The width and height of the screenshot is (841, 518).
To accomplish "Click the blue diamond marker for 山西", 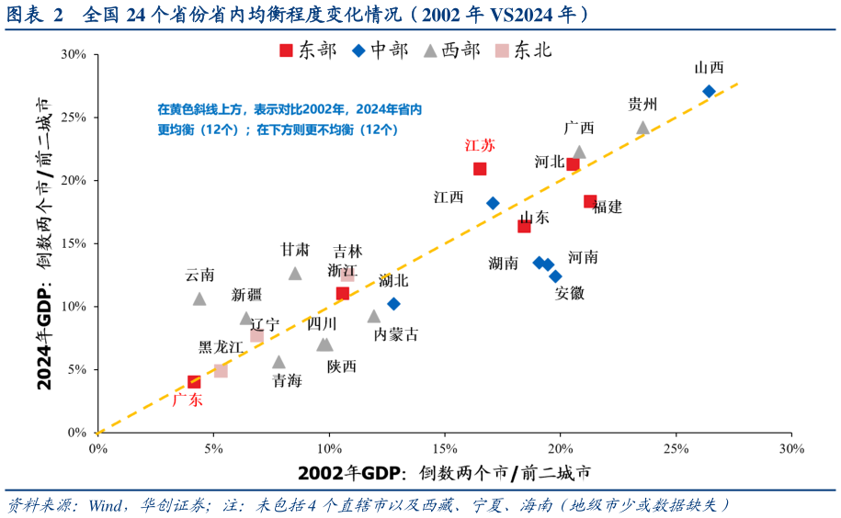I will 709,91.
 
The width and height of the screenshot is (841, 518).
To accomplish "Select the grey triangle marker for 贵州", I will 642,128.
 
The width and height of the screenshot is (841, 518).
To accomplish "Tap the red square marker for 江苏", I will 480,169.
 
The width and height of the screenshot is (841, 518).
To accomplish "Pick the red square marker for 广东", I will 194,382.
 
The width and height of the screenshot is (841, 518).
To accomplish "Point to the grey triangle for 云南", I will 199,298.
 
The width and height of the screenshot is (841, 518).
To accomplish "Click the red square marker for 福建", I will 590,201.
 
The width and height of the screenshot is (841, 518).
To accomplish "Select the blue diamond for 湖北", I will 393,303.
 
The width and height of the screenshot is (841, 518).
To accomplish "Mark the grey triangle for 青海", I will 278,362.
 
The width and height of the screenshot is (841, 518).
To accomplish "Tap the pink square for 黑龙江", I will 221,370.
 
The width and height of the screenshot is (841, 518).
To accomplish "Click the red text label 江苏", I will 480,145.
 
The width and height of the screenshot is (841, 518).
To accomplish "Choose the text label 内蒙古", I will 396,335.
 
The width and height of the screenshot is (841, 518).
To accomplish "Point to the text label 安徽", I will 569,294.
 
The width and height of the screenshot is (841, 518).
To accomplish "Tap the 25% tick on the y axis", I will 74,118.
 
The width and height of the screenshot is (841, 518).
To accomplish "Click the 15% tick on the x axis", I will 444,449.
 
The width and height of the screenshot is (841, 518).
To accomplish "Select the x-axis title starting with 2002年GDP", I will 444,474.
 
